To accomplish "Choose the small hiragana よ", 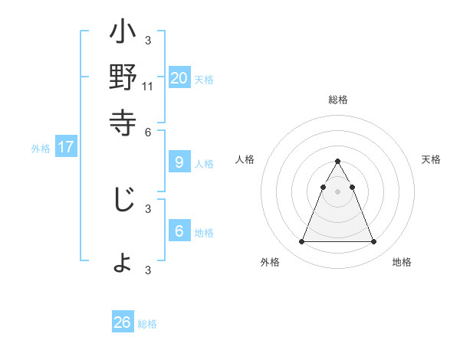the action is [x=123, y=263].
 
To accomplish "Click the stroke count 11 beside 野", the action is [x=148, y=86].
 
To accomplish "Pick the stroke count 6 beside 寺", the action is [x=148, y=131].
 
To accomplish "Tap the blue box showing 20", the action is [x=179, y=77].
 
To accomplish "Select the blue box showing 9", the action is [x=179, y=162].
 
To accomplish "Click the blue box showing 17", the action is [x=66, y=147].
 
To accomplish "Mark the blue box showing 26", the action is [x=123, y=322].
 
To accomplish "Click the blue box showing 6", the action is [x=179, y=231].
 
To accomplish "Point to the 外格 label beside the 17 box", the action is [x=41, y=149].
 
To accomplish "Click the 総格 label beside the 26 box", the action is [x=147, y=324].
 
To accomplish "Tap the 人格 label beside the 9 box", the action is [x=204, y=164].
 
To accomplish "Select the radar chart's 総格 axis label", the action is [x=337, y=100].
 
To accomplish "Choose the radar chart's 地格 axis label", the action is [x=402, y=262].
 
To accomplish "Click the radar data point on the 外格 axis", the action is [x=301, y=242].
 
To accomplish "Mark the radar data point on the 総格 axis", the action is [x=337, y=161].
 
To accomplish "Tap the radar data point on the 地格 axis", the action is [x=373, y=242].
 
